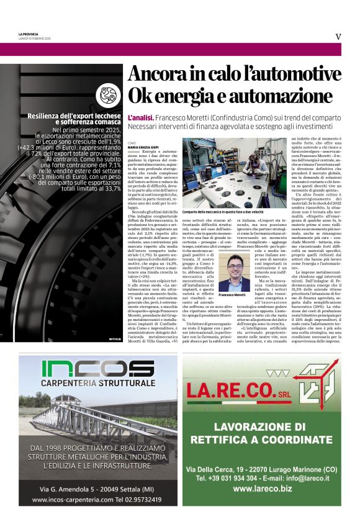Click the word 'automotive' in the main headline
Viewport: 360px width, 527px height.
pos(291,75)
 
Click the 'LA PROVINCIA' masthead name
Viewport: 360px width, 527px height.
pos(29,34)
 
